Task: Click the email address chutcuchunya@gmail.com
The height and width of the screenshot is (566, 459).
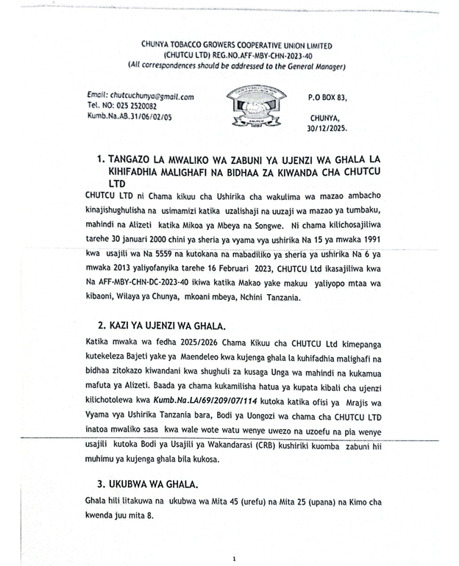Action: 151,96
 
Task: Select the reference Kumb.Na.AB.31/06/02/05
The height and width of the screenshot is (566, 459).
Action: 129,116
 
